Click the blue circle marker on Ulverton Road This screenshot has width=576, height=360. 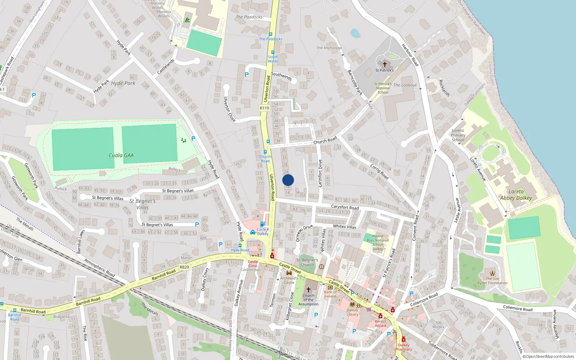click(x=288, y=180)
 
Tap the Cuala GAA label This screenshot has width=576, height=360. click(x=121, y=156)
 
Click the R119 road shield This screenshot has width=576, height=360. click(x=264, y=108)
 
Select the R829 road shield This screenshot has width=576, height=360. click(x=184, y=267)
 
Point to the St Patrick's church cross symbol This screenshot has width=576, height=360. click(x=384, y=64)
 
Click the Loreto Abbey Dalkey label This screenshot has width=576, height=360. click(x=516, y=195)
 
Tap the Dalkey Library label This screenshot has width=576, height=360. click(x=352, y=312)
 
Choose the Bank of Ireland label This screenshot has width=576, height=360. click(x=330, y=294)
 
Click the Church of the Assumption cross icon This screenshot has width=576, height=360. click(x=309, y=289)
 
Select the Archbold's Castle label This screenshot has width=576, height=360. click(x=289, y=280)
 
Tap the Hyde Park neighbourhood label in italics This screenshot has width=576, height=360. click(x=123, y=83)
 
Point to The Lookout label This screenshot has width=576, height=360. click(x=405, y=85)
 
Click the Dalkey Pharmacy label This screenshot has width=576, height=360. click(x=404, y=347)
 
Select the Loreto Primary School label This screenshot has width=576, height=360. click(x=458, y=135)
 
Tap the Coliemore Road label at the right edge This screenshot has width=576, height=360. click(x=517, y=308)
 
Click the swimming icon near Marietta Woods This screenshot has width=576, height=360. click(x=187, y=20)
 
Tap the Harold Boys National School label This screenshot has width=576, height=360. click(x=378, y=242)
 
